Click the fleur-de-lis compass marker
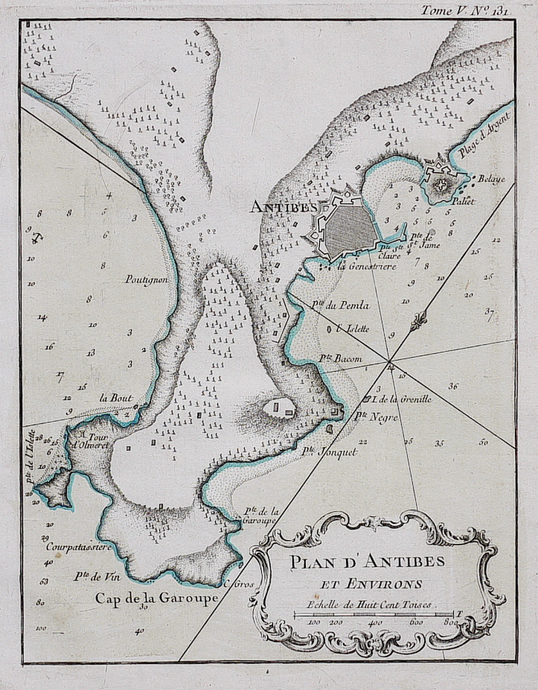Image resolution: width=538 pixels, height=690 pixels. pyautogui.click(x=419, y=320)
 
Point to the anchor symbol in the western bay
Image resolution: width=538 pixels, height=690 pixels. pyautogui.click(x=36, y=238)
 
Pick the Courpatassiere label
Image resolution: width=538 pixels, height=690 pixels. pyautogui.click(x=78, y=546)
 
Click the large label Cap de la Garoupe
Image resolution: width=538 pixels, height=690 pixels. pyautogui.click(x=156, y=598)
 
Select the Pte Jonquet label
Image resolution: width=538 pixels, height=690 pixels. pyautogui.click(x=329, y=452)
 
